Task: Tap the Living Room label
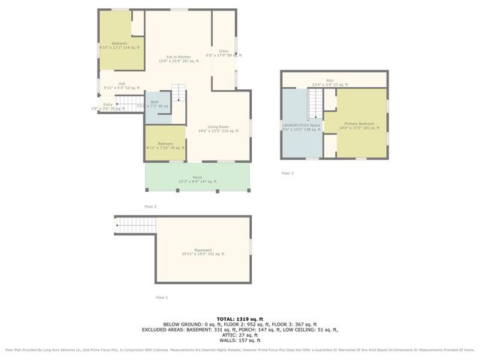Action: [x=217, y=129]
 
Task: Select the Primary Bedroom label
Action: [x=359, y=125]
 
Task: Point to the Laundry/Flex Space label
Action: [x=303, y=127]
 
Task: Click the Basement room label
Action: [x=202, y=252]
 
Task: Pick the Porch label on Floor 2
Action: [x=197, y=178]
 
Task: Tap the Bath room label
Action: [x=155, y=104]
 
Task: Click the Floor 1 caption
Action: [x=161, y=298]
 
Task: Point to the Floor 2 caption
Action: [x=151, y=206]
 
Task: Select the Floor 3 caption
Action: [x=287, y=173]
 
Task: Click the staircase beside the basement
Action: [x=133, y=223]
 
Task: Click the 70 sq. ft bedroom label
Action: [x=165, y=145]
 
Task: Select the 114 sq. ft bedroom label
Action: [x=118, y=46]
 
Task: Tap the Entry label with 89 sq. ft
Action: [x=223, y=52]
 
